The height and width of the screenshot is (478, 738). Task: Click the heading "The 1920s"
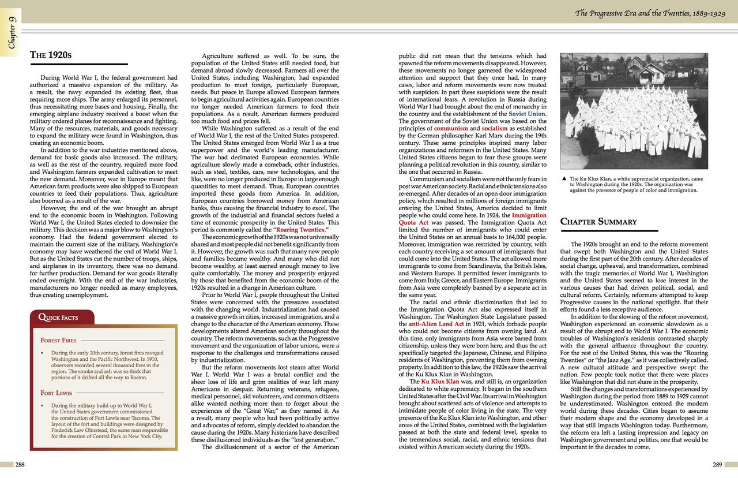pos(51,55)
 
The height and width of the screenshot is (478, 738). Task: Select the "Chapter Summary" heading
pos(598,222)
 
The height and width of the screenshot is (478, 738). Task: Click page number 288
pos(20,465)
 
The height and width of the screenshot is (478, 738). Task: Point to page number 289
pos(717,465)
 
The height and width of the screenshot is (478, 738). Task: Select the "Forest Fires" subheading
pos(58,341)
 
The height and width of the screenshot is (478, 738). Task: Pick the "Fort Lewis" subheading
pos(55,393)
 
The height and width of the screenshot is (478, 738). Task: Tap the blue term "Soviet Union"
pos(527,114)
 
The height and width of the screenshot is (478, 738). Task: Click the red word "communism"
pos(452,129)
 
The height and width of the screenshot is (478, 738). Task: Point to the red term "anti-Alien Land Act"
pos(432,324)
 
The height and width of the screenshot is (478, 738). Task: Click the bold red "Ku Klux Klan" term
pos(440,382)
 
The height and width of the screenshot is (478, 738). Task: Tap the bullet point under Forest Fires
pos(43,353)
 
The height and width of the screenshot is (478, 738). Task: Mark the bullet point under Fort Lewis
pos(43,406)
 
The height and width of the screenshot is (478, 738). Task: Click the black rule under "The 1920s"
pos(78,65)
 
